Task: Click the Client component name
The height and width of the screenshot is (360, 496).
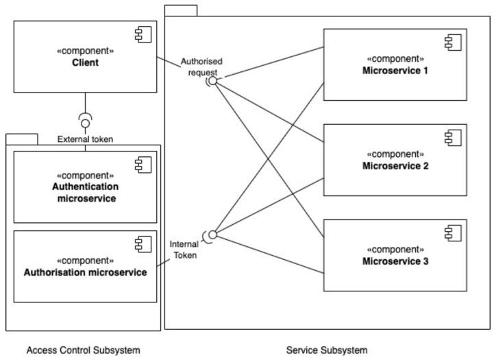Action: pyautogui.click(x=85, y=62)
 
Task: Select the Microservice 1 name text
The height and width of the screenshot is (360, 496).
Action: pyautogui.click(x=395, y=70)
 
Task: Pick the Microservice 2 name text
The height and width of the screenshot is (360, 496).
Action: pyautogui.click(x=395, y=165)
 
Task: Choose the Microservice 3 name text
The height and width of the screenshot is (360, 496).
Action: pyautogui.click(x=395, y=261)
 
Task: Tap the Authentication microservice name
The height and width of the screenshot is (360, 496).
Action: pyautogui.click(x=85, y=193)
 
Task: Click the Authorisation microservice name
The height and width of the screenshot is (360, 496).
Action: pyautogui.click(x=85, y=272)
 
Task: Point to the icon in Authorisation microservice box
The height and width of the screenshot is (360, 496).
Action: pyautogui.click(x=142, y=243)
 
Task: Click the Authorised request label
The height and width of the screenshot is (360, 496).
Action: pyautogui.click(x=201, y=67)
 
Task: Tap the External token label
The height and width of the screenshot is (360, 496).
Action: pyautogui.click(x=85, y=139)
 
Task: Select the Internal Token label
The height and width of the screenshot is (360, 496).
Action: pyautogui.click(x=183, y=249)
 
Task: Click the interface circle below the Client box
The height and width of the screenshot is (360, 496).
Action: pyautogui.click(x=85, y=123)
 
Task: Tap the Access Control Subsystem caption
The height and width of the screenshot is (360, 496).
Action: pyautogui.click(x=83, y=350)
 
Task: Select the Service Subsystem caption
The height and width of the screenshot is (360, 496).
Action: pyautogui.click(x=326, y=350)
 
